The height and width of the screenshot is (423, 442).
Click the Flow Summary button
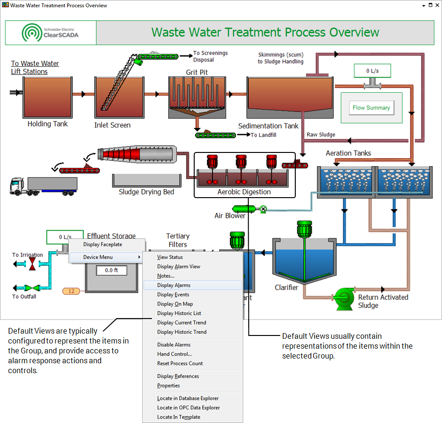[x=371, y=108]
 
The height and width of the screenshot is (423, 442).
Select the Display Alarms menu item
[x=174, y=285]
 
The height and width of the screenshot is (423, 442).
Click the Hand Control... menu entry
[x=174, y=354]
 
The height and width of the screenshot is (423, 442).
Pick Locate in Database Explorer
[x=188, y=399]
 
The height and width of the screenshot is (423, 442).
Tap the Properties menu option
[x=168, y=386]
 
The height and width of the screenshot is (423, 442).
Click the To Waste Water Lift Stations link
[x=35, y=67]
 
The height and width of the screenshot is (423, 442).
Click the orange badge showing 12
[x=71, y=291]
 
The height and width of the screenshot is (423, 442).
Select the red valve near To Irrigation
[x=32, y=264]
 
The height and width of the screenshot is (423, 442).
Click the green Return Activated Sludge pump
[x=344, y=297]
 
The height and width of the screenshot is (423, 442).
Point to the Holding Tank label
[x=47, y=124]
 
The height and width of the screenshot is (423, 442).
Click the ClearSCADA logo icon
[x=31, y=32]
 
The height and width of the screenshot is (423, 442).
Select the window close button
[x=436, y=5]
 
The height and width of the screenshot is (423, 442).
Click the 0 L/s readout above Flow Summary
[x=373, y=71]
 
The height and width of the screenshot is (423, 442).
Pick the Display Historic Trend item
[x=182, y=332]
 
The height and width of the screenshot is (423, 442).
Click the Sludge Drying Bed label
[x=146, y=192]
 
